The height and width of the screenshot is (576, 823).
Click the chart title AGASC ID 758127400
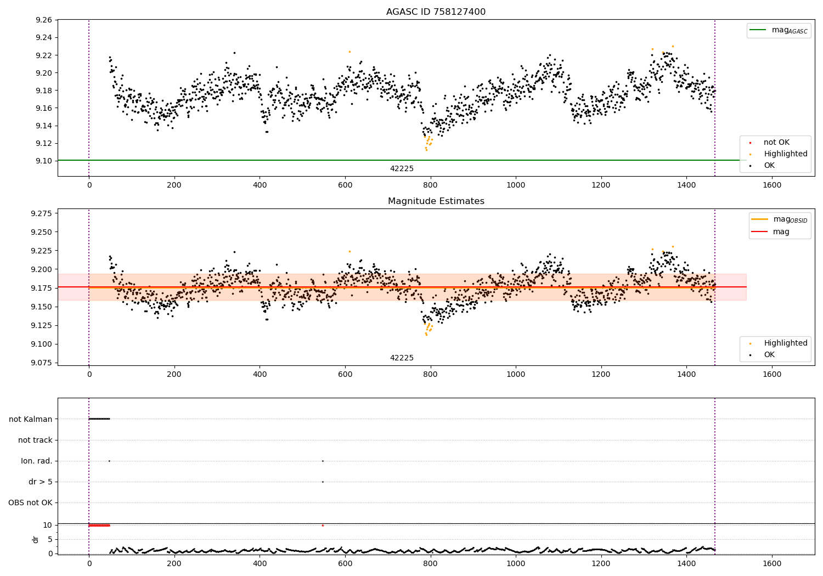(436, 12)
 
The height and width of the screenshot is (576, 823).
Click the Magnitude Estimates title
(436, 201)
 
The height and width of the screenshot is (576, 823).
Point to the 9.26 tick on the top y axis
(43, 20)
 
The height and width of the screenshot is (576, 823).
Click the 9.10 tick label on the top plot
(43, 161)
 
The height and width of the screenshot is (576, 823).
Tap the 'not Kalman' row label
(31, 419)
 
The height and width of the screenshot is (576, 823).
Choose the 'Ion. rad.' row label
(37, 461)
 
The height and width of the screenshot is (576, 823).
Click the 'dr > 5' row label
(41, 482)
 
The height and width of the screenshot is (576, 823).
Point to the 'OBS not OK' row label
(31, 502)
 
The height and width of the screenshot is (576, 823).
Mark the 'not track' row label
(35, 440)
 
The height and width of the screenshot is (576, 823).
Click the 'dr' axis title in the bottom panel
(36, 539)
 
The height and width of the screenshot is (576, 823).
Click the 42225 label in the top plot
(402, 169)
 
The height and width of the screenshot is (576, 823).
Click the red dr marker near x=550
(323, 526)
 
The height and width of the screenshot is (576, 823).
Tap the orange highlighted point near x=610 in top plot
(350, 52)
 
